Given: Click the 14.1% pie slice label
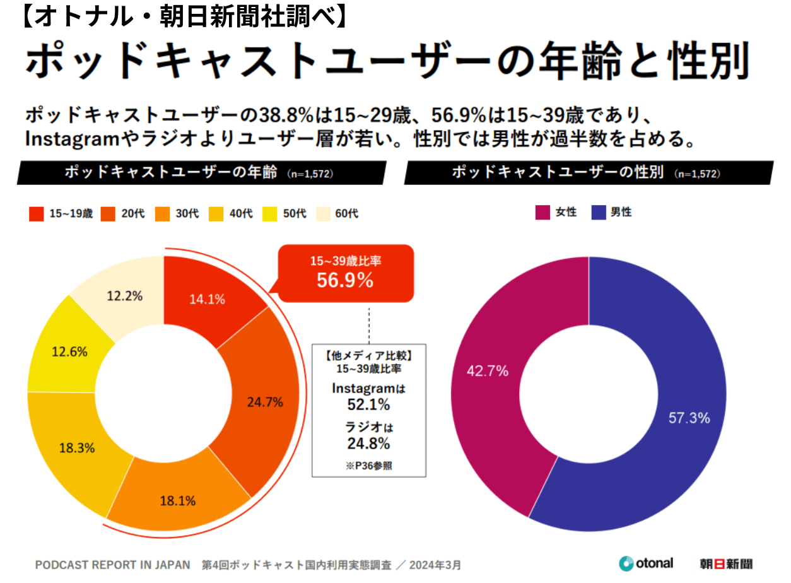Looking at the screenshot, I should [208, 300].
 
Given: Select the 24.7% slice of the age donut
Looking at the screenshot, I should [265, 401].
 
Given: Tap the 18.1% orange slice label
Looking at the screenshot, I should [178, 501].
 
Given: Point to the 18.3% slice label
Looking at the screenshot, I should [77, 448].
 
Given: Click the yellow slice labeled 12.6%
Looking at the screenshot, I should [69, 352].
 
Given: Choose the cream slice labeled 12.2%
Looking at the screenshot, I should [124, 295].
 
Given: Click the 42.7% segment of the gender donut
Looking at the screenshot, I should [488, 371].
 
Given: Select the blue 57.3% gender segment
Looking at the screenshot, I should [689, 418].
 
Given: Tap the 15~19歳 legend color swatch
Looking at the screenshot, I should [37, 214].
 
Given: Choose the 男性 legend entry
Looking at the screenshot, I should [612, 213].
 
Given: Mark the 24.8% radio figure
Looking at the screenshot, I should [368, 443].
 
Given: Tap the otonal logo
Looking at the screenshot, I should [646, 563].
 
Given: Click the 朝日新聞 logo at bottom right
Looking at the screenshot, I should [725, 563].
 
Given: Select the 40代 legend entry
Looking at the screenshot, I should [233, 214].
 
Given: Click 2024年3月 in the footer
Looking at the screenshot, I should [435, 564].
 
